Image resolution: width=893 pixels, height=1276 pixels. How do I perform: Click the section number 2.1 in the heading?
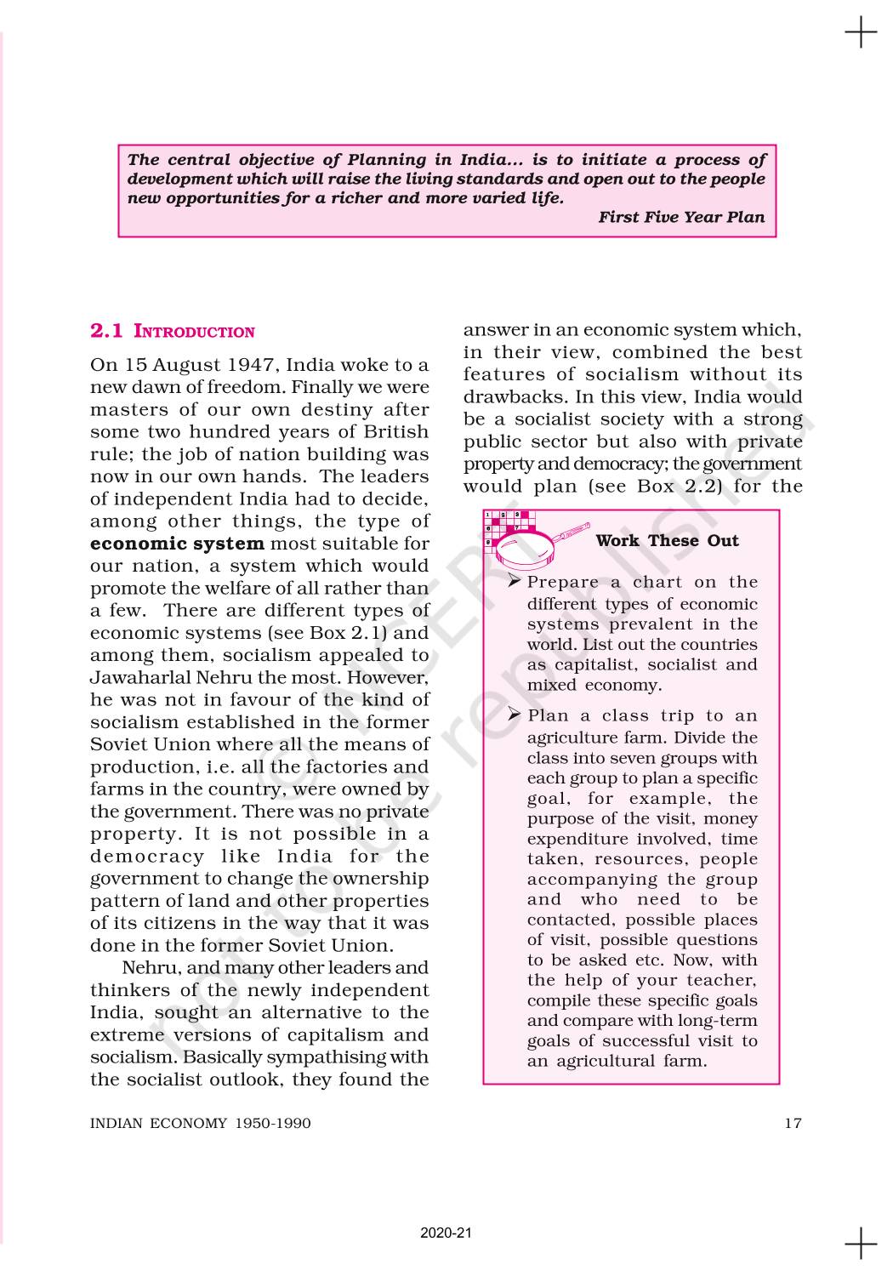click(106, 331)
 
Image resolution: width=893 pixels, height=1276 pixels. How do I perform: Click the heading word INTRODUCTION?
click(195, 332)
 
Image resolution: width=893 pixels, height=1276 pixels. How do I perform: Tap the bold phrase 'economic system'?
click(177, 544)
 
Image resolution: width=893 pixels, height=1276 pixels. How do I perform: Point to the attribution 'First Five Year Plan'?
click(681, 217)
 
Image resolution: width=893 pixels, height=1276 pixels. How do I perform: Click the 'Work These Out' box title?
click(667, 541)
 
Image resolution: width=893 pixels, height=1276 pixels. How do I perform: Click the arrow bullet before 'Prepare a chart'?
click(514, 582)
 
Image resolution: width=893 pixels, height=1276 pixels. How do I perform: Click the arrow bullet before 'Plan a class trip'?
click(514, 715)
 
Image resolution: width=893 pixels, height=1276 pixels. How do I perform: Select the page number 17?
click(793, 1123)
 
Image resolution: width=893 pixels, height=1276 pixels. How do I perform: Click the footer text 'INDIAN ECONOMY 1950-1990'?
click(201, 1123)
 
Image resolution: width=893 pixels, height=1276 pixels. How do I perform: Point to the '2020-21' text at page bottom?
click(446, 1233)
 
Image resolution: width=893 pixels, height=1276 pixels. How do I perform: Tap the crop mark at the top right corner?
click(861, 33)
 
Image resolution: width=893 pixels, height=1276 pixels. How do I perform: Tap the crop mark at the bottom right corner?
click(861, 1243)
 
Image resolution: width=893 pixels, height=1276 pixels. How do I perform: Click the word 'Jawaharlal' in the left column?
click(137, 678)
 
